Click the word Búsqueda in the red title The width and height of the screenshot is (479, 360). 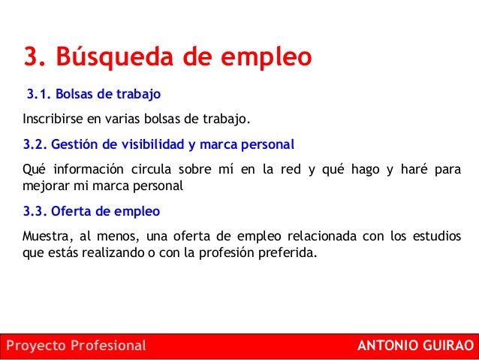click(115, 57)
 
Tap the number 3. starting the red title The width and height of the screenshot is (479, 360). click(35, 56)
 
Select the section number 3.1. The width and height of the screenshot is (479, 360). click(38, 94)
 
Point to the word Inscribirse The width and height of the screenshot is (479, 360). click(53, 119)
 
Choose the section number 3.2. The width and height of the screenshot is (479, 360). click(35, 144)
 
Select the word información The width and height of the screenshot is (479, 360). click(89, 169)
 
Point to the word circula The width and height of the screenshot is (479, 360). click(151, 169)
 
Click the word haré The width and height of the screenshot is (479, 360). click(414, 169)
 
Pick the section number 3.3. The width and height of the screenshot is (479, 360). click(35, 211)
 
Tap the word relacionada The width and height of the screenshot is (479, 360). click(322, 236)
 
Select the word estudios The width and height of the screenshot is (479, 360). click(437, 236)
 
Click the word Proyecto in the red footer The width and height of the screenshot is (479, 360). click(36, 346)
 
